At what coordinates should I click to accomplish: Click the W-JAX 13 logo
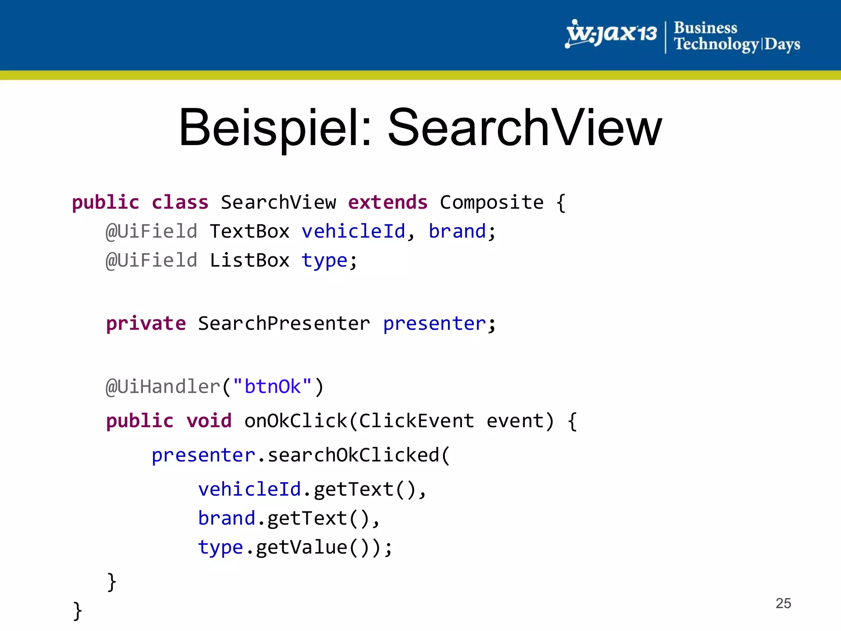click(x=611, y=34)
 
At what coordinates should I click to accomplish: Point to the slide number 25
click(x=783, y=603)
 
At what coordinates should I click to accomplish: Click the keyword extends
click(x=388, y=203)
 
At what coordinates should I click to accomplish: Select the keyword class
click(x=180, y=203)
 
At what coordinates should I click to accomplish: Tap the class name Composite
click(x=492, y=203)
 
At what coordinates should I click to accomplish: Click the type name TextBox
click(x=249, y=231)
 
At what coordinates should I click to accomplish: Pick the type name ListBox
click(x=249, y=260)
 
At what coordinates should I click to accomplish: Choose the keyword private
click(x=146, y=324)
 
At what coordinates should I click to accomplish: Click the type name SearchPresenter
click(x=284, y=324)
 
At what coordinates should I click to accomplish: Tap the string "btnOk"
click(x=272, y=387)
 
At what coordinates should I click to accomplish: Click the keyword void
click(x=209, y=421)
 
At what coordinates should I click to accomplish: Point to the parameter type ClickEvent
click(x=416, y=421)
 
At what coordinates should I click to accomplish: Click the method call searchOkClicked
click(x=353, y=455)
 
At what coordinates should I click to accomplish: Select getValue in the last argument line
click(x=301, y=547)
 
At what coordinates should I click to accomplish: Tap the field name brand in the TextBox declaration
click(x=457, y=231)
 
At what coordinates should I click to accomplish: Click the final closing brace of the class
click(x=77, y=611)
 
